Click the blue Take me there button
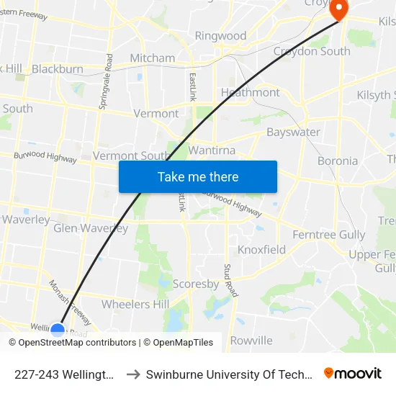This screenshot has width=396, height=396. [198, 177]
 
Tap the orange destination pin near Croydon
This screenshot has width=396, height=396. [337, 8]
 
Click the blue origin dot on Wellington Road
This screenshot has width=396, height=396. [58, 330]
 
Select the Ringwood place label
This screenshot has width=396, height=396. [220, 35]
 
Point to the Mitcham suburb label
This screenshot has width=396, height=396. [152, 58]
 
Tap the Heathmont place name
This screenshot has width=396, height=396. [250, 92]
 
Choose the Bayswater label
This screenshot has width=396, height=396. [293, 132]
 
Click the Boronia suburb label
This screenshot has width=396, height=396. [338, 161]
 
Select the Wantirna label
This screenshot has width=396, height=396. [212, 150]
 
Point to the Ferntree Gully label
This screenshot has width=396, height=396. [329, 235]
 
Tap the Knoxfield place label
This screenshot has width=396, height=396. [261, 250]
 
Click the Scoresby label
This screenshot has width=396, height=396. [196, 284]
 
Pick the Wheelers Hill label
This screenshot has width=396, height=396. [136, 304]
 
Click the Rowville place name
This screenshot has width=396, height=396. [251, 340]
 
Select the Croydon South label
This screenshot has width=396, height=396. [312, 51]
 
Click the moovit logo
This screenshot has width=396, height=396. [352, 374]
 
